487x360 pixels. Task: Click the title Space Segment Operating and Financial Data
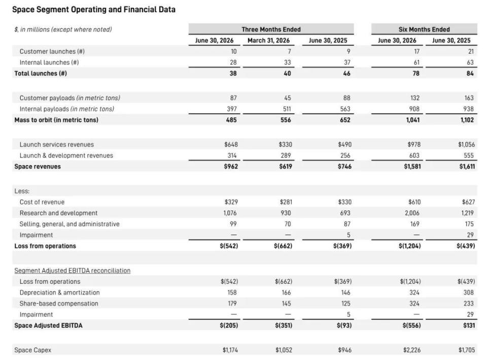94,9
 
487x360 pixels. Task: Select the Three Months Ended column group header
271,29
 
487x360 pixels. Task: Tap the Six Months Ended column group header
424,29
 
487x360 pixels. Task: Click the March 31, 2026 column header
268,41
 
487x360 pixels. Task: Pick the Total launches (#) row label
41,73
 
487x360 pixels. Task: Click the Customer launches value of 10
233,51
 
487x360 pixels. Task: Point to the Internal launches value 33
288,62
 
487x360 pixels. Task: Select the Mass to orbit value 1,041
413,120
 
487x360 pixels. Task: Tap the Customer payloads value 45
288,98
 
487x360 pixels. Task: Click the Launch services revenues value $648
231,145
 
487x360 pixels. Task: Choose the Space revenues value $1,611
467,167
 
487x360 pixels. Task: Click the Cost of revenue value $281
286,202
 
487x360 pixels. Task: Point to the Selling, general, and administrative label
69,224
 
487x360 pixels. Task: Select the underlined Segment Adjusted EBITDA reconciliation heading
73,271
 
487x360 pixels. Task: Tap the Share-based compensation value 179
232,304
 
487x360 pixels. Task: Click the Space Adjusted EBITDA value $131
469,325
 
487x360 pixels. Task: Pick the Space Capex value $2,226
412,350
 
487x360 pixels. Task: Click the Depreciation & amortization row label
60,292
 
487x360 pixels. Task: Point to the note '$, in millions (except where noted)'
63,29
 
